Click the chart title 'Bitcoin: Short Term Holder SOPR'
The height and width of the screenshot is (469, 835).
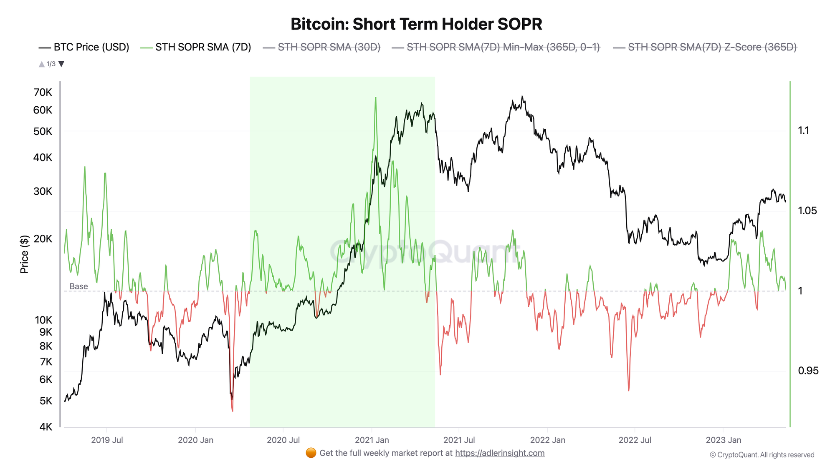pyautogui.click(x=416, y=24)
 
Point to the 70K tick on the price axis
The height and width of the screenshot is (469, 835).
pyautogui.click(x=43, y=92)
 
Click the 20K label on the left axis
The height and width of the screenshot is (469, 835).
pyautogui.click(x=43, y=239)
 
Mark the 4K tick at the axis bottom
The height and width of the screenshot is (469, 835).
pyautogui.click(x=46, y=426)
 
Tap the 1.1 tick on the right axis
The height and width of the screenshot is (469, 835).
pyautogui.click(x=803, y=130)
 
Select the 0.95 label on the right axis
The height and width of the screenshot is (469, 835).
pyautogui.click(x=808, y=371)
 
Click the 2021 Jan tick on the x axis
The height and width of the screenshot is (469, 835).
pyautogui.click(x=372, y=440)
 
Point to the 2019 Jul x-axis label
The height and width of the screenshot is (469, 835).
pyautogui.click(x=107, y=440)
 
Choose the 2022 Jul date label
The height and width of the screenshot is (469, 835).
pyautogui.click(x=635, y=440)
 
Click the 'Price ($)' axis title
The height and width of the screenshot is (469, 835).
pyautogui.click(x=24, y=254)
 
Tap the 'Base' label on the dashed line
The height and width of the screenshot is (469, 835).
pyautogui.click(x=78, y=286)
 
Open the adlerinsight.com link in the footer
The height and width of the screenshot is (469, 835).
pyautogui.click(x=500, y=453)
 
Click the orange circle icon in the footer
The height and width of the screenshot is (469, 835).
pyautogui.click(x=311, y=453)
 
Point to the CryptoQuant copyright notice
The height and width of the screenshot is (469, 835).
pyautogui.click(x=762, y=455)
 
